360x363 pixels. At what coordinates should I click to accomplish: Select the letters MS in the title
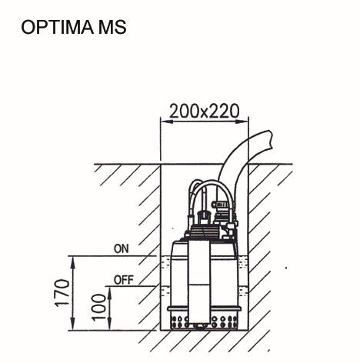(x=110, y=28)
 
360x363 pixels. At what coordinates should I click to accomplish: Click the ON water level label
(x=121, y=248)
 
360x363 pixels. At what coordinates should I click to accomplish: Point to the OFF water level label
(x=123, y=279)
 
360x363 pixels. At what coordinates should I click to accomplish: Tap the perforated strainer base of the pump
(x=204, y=318)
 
